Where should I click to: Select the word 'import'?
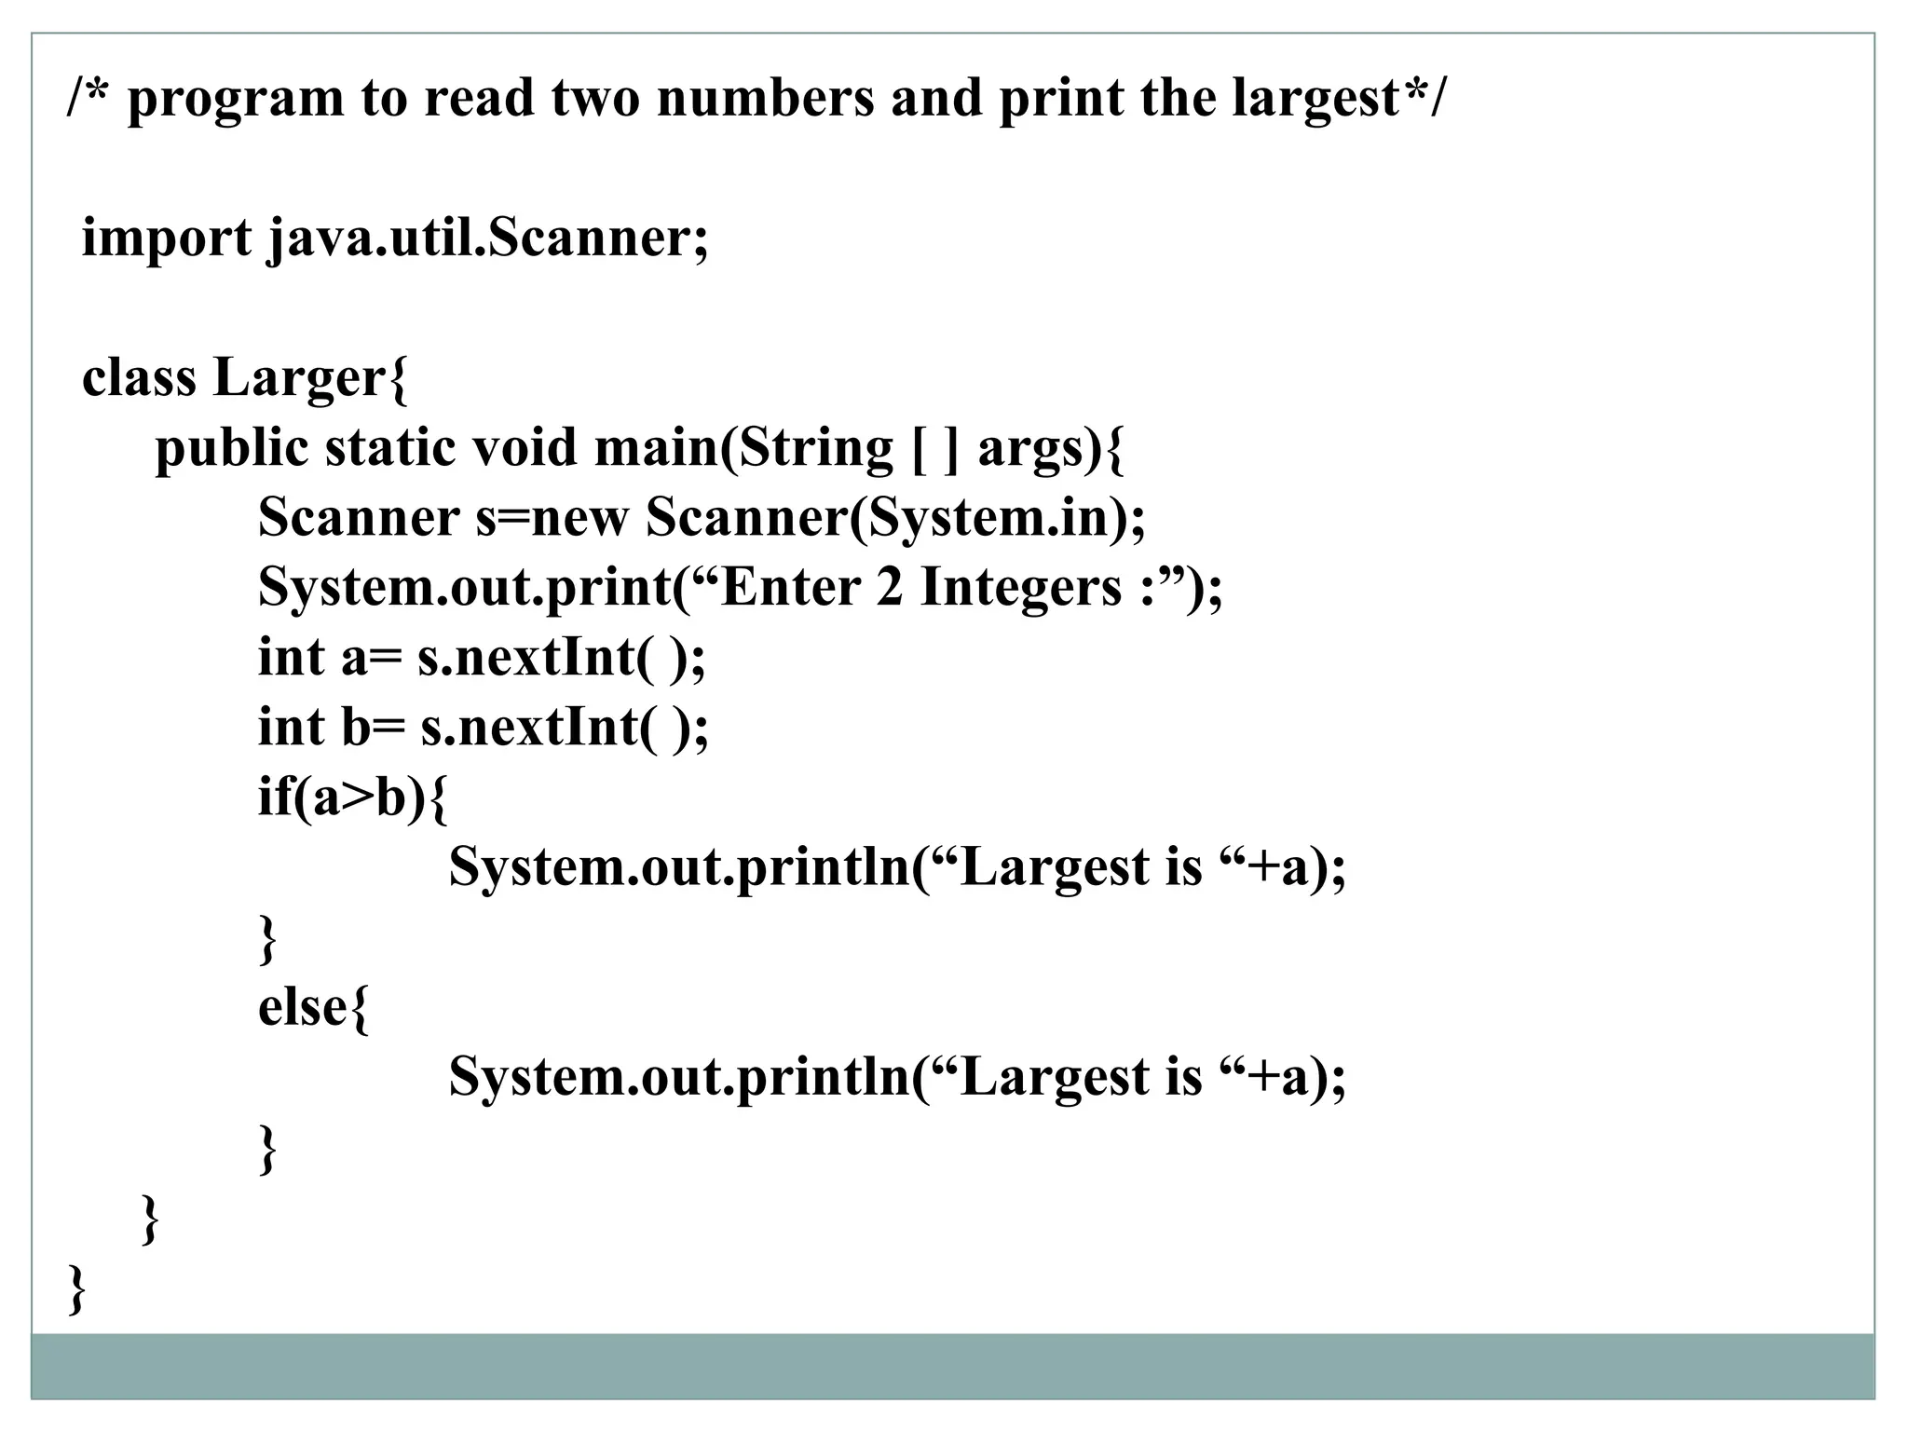(166, 238)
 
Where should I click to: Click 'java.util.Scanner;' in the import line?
(488, 238)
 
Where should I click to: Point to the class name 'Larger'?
(298, 378)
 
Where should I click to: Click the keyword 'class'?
(139, 378)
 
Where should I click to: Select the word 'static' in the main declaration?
(390, 447)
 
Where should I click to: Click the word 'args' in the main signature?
(1030, 449)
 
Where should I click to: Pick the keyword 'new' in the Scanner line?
(579, 518)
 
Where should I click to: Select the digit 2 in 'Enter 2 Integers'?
(890, 588)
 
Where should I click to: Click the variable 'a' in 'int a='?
(354, 659)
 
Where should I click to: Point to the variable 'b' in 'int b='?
(357, 728)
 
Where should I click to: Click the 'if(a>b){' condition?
(352, 798)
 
